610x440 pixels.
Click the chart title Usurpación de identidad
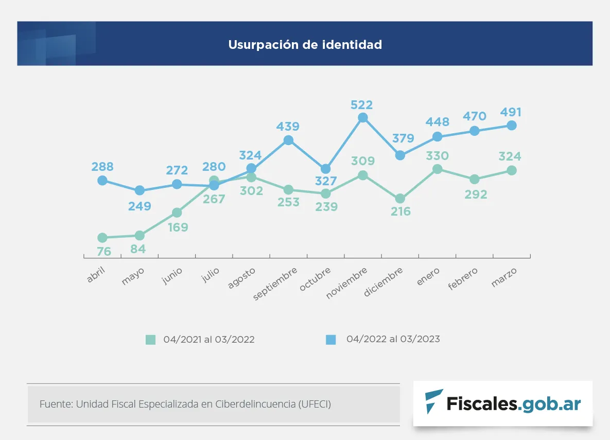tap(305, 45)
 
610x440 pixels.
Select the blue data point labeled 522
tap(363, 118)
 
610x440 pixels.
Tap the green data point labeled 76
tap(102, 238)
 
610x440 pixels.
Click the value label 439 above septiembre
tap(288, 127)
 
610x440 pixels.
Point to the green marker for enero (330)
tap(437, 169)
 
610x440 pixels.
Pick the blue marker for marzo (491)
tap(512, 126)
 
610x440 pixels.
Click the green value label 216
tap(400, 211)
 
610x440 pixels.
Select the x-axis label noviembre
tap(348, 283)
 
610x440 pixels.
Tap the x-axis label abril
tap(96, 275)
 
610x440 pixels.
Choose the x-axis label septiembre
tap(275, 284)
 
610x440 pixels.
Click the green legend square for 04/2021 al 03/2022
tap(150, 340)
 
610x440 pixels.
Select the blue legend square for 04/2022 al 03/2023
tap(330, 340)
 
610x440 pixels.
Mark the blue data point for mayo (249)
tap(140, 190)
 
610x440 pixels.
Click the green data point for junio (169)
tap(177, 213)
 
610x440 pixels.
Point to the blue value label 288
tap(102, 167)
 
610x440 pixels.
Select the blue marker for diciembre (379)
tap(400, 155)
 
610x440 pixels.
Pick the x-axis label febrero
tap(463, 278)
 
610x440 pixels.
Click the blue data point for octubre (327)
tap(325, 169)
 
